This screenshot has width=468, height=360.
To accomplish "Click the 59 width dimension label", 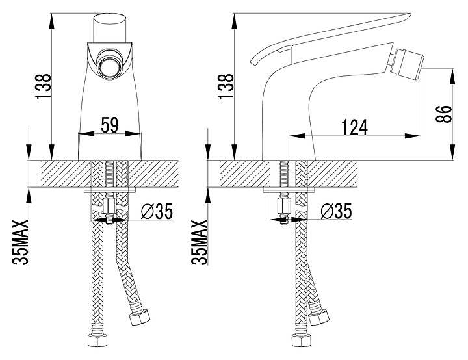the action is [110, 125].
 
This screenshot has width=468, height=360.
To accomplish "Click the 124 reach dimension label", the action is [354, 127].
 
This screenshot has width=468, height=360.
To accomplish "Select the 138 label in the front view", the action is [44, 86].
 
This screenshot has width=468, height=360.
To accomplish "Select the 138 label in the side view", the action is [226, 86].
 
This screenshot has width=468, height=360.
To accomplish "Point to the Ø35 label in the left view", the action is [157, 211].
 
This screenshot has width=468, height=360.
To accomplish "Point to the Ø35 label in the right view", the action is [337, 211].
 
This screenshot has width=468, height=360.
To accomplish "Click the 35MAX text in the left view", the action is [20, 242].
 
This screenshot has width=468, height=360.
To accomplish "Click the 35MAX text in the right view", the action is [200, 242].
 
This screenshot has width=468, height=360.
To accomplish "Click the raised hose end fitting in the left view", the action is [139, 318].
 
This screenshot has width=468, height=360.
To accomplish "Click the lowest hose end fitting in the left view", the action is [97, 341].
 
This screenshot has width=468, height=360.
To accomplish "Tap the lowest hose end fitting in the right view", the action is [302, 341].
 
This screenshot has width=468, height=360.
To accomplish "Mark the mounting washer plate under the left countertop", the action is [110, 190].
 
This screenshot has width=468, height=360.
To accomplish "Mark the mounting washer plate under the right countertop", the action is [289, 190].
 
